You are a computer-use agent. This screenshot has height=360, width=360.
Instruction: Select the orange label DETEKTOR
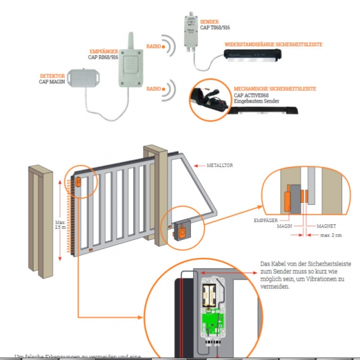[52, 76]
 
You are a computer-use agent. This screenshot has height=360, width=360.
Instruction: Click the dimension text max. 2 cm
[331, 235]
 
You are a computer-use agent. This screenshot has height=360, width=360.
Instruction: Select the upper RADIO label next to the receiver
[153, 46]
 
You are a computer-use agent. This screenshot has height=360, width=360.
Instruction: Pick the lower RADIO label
[153, 89]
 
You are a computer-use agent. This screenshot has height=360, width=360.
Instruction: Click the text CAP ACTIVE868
[251, 95]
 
